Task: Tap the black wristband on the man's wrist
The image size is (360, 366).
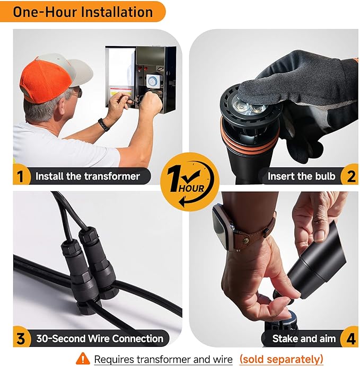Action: pos(103,124)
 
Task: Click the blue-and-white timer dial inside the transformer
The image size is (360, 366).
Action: pos(152,81)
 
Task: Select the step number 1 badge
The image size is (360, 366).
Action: pos(21,175)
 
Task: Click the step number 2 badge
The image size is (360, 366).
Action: pos(350,175)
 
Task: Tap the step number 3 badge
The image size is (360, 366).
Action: pos(21,338)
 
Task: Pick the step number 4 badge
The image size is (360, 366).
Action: pos(350,338)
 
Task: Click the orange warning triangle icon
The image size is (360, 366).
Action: pos(83,359)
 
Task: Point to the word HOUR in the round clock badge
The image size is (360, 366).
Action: pos(191,188)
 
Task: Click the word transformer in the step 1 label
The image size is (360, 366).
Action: pos(112,176)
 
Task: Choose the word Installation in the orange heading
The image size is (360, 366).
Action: pos(116,12)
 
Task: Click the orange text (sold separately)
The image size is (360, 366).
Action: pos(282,359)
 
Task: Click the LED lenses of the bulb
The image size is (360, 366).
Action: pos(250,107)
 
